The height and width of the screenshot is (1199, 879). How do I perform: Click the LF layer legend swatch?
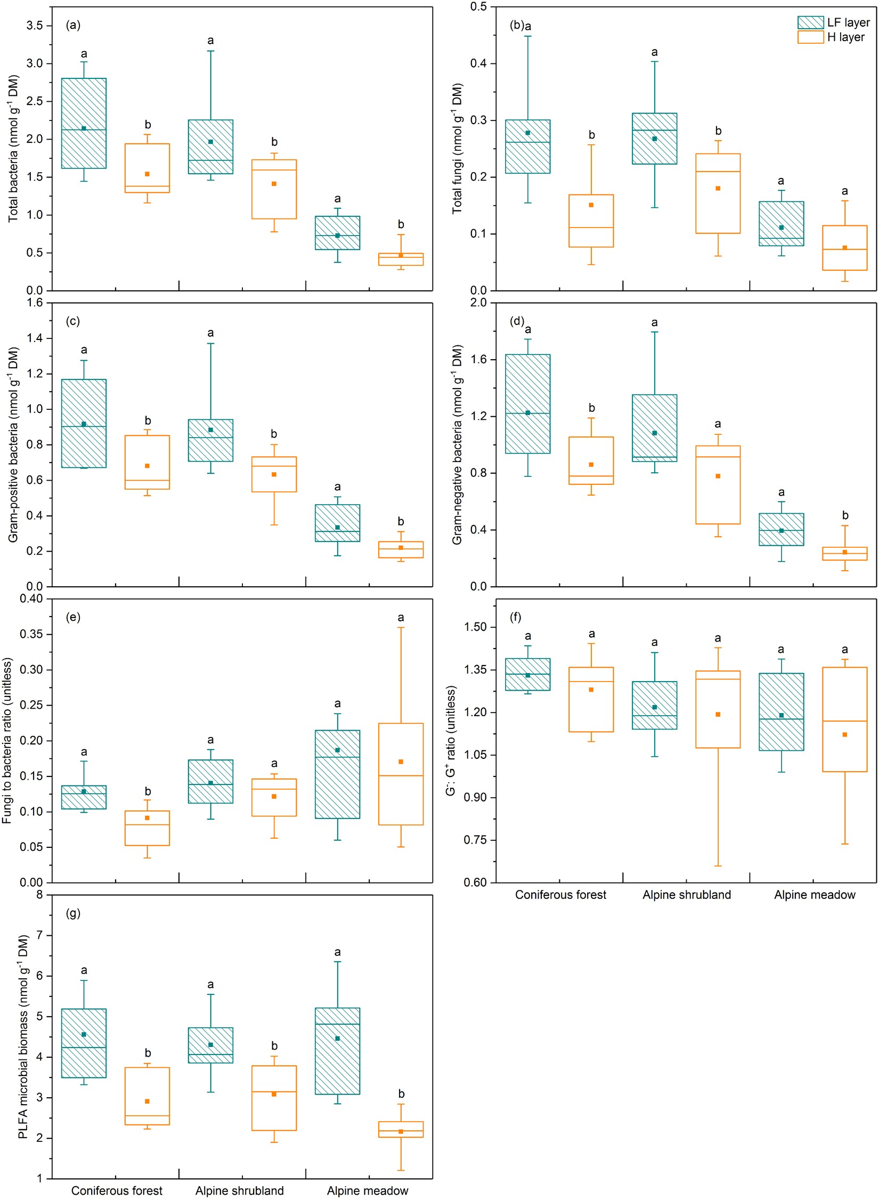point(810,22)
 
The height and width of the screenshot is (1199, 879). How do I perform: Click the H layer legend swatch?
point(810,37)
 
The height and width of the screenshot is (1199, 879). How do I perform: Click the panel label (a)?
point(73,25)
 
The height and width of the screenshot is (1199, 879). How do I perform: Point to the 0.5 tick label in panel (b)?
point(478,6)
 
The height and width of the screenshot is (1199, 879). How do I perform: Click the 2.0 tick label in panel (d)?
point(478,303)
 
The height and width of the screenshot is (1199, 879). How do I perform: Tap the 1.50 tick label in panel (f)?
point(475,627)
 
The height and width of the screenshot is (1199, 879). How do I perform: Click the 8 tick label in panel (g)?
point(40,895)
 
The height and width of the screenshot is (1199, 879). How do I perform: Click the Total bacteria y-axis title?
point(13,149)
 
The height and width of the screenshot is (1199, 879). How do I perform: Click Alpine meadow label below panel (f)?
point(815,895)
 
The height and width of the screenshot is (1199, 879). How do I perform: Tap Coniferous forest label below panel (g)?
point(117,1190)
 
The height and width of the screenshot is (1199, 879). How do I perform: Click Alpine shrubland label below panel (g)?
point(240,1190)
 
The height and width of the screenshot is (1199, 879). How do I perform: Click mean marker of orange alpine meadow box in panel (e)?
point(401,762)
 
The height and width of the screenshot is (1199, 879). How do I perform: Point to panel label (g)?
point(73,913)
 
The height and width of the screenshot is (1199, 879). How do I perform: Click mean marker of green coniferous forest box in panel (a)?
point(84,128)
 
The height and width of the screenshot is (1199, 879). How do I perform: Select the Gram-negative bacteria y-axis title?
point(457,445)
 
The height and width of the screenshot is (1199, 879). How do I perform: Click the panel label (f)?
point(515,617)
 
